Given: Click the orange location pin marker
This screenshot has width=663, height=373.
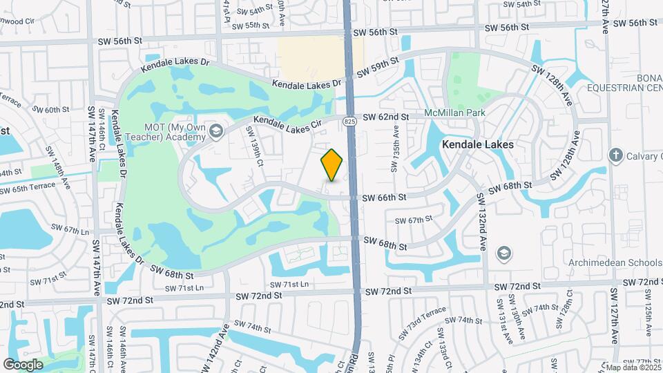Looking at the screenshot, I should [332, 165].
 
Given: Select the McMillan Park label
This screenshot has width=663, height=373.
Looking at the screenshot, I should [455, 113].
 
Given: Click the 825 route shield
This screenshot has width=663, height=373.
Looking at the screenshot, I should [350, 121].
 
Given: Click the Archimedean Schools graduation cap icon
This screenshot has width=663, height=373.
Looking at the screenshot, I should [503, 253].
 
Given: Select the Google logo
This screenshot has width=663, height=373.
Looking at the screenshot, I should [23, 364].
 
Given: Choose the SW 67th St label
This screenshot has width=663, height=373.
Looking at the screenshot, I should [412, 220].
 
